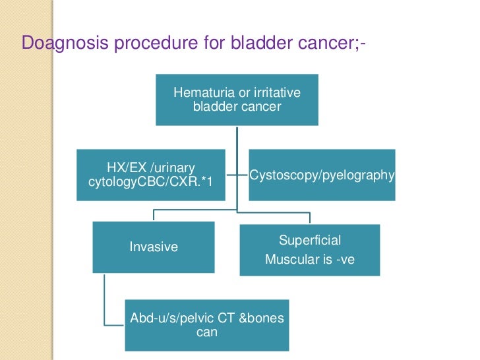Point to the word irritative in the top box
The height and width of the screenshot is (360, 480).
coord(277,92)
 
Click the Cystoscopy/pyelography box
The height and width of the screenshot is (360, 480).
coord(322,175)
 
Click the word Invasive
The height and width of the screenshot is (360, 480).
coord(154,247)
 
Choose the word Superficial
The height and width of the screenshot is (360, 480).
coord(310,241)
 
